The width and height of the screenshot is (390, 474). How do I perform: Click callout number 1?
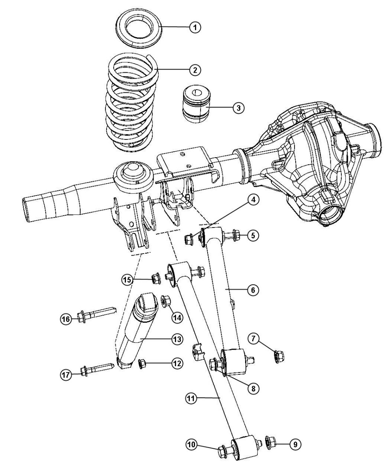(x=195, y=27)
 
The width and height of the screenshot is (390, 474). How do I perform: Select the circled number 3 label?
(x=238, y=108)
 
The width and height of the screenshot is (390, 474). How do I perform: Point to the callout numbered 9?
(x=294, y=444)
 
